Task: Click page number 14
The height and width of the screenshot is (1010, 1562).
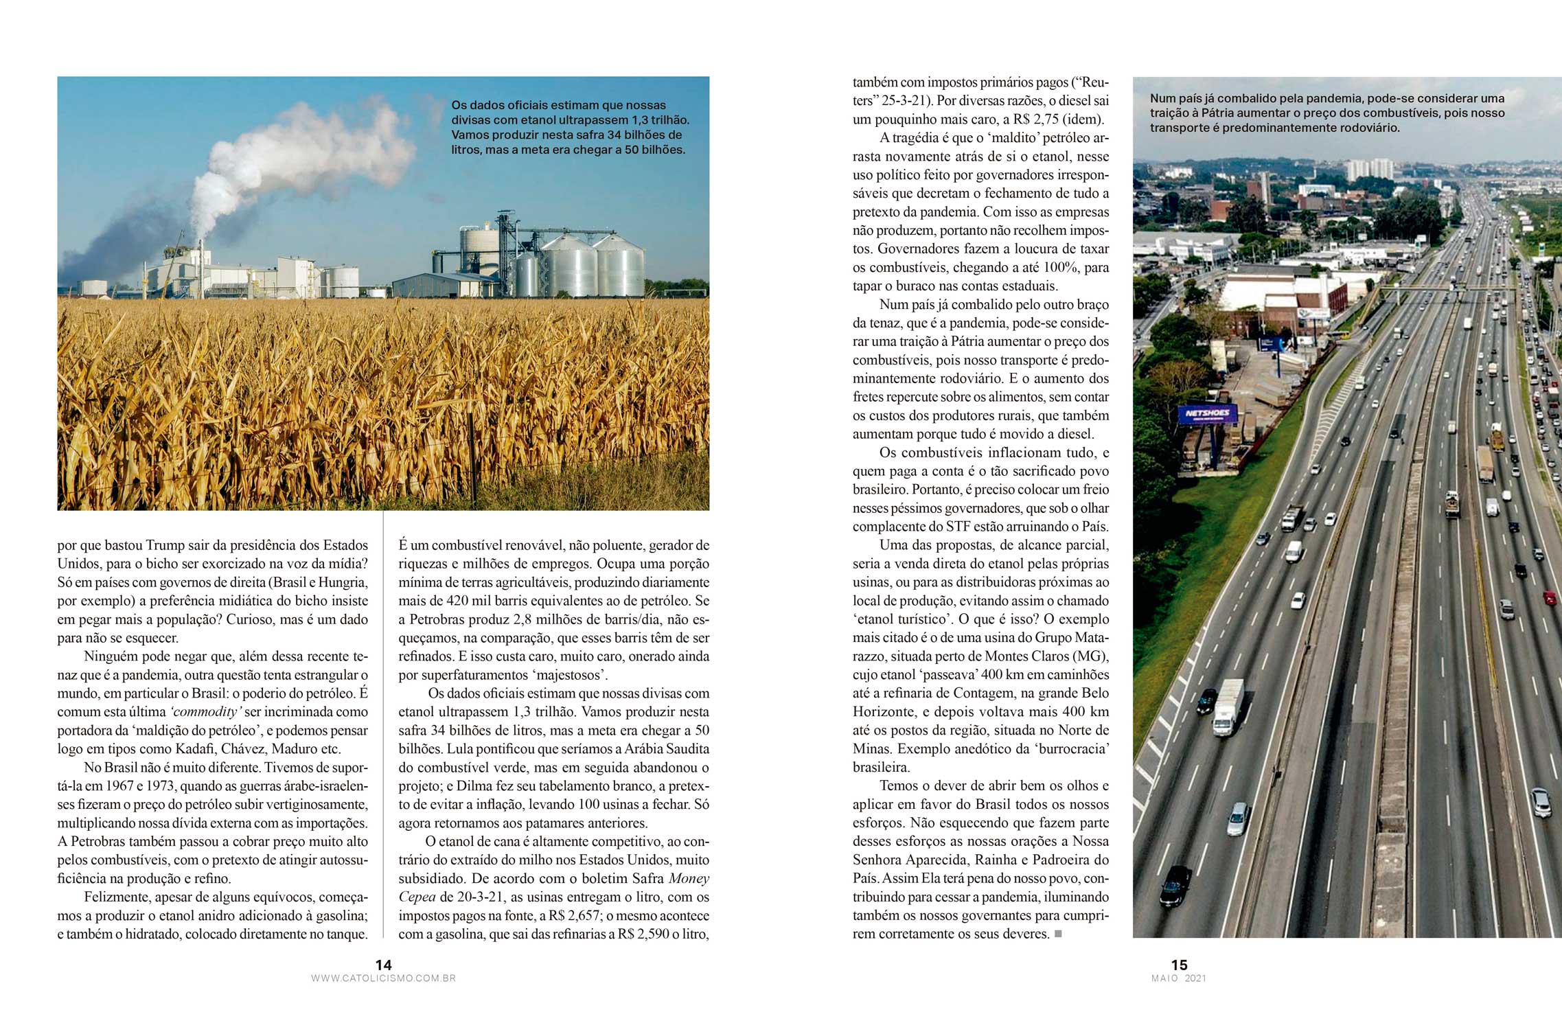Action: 383,965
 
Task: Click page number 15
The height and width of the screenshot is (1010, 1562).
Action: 1179,965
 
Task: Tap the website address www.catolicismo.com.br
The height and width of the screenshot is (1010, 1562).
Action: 383,978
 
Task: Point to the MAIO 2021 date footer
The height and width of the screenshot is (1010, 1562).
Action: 1178,978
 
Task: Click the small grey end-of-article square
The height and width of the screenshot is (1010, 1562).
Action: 1058,934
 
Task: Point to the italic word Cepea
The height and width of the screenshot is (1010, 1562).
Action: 417,897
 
